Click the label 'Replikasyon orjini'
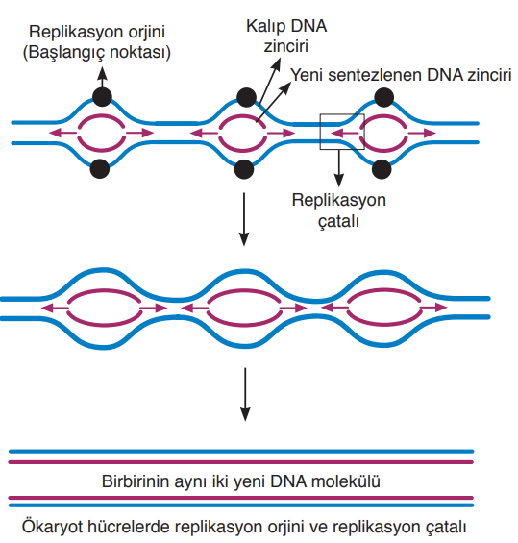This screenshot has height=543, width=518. pyautogui.click(x=97, y=32)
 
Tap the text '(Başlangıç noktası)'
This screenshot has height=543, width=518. pyautogui.click(x=97, y=53)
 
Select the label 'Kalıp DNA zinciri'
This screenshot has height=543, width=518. pyautogui.click(x=286, y=36)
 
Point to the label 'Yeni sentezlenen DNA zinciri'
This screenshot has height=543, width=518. pyautogui.click(x=401, y=75)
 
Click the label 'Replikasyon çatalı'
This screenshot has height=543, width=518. pyautogui.click(x=338, y=210)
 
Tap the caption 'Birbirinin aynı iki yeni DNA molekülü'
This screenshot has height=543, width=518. pyautogui.click(x=241, y=481)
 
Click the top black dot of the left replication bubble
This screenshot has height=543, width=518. pyautogui.click(x=102, y=97)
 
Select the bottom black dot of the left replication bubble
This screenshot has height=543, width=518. pyautogui.click(x=100, y=168)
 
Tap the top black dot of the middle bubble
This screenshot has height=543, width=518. pyautogui.click(x=247, y=97)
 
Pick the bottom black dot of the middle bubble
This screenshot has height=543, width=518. pyautogui.click(x=244, y=169)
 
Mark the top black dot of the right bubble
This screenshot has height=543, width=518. pyautogui.click(x=384, y=97)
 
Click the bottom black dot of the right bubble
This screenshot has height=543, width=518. pyautogui.click(x=382, y=169)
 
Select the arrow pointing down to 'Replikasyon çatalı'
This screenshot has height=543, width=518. pyautogui.click(x=339, y=168)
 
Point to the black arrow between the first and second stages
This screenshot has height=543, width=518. pyautogui.click(x=244, y=219)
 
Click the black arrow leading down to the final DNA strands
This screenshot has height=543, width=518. pyautogui.click(x=245, y=394)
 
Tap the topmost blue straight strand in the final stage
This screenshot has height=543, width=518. pyautogui.click(x=241, y=452)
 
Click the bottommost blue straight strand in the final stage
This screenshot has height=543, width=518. pyautogui.click(x=241, y=506)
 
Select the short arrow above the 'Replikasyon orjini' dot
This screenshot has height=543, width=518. pyautogui.click(x=102, y=77)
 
